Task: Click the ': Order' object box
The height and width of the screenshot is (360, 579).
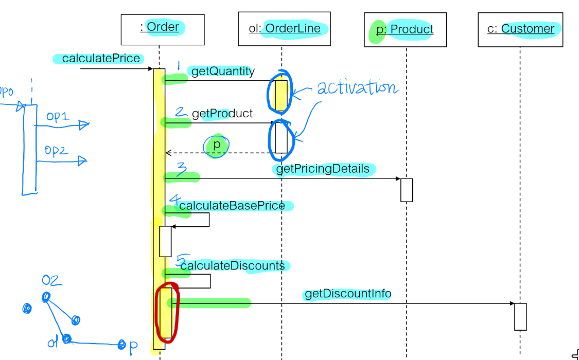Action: [x=162, y=29]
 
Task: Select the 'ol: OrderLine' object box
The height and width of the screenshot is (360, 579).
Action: [x=285, y=29]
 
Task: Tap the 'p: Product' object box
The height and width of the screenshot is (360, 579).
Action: [x=405, y=30]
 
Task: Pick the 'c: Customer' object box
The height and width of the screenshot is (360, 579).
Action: [x=520, y=29]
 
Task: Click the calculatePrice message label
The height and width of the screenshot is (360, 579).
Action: [x=101, y=59]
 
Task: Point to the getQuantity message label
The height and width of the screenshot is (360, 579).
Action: [x=223, y=71]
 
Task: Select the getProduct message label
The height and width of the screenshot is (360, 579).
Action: [x=222, y=114]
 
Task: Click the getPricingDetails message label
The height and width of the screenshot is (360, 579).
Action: [x=323, y=169]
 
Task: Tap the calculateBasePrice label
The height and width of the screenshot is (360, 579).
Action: [x=232, y=206]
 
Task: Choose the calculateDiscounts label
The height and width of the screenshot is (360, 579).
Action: [x=232, y=266]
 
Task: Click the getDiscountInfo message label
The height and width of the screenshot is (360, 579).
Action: [x=348, y=294]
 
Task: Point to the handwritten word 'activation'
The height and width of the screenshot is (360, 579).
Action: [x=357, y=88]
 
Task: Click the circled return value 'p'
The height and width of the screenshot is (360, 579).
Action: [x=217, y=146]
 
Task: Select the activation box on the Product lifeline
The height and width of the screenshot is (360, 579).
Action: [x=407, y=190]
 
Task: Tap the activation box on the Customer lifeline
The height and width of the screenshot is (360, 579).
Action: [x=520, y=317]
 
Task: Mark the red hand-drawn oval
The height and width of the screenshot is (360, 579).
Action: [x=167, y=312]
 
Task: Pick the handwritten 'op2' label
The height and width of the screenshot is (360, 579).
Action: [x=56, y=151]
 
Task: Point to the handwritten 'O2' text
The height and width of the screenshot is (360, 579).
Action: [x=52, y=281]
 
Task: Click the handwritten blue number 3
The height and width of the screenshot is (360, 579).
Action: [x=181, y=170]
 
